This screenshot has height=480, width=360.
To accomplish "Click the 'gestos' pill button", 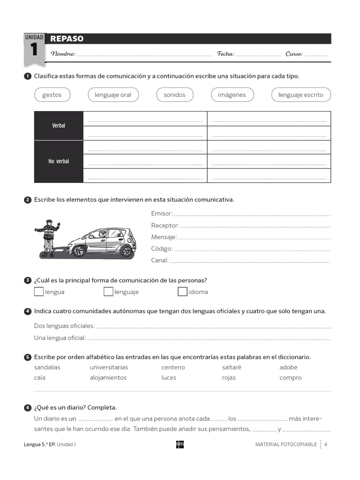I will click(52, 95).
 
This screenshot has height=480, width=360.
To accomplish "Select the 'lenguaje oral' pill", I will click(113, 95).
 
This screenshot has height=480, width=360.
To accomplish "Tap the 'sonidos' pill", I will click(174, 95).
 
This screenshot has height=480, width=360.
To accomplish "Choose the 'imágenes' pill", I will click(232, 95).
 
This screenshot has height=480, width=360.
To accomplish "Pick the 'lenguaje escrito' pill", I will click(301, 95).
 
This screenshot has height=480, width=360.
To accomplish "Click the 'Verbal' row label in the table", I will click(59, 126).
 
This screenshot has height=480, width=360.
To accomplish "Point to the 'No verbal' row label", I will click(59, 161).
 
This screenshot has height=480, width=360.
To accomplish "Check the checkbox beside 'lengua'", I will click(38, 292).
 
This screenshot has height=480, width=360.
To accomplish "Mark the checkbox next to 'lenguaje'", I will click(108, 292).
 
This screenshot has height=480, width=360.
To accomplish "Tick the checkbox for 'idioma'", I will click(182, 292).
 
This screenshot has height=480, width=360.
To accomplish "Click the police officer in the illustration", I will click(48, 237).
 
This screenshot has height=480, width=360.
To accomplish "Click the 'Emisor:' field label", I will click(162, 213).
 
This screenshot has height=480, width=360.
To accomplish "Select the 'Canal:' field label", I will click(160, 260).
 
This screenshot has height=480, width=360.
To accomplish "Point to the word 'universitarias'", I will click(109, 367).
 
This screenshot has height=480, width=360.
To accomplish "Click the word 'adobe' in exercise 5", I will click(288, 367).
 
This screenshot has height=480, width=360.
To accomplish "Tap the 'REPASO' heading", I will click(67, 39).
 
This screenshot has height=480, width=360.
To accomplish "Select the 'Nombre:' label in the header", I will click(63, 54).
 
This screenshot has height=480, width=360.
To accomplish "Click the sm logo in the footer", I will click(180, 444).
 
